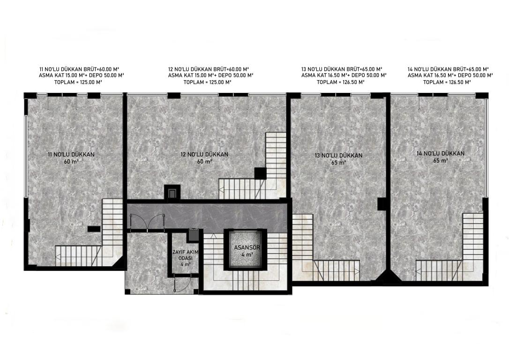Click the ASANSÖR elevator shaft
click(245, 249)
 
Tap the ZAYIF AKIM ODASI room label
click(185, 255)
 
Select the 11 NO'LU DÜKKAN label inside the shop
click(71, 155)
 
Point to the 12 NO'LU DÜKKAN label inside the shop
click(204, 155)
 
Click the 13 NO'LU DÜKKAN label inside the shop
click(338, 156)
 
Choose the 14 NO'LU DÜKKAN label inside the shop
click(441, 154)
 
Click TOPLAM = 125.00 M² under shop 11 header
click(78, 82)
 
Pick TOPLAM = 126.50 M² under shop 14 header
click(447, 82)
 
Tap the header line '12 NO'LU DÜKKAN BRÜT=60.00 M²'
click(209, 69)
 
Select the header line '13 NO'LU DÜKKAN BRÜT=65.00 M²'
click(342, 69)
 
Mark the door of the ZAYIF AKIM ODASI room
click(182, 283)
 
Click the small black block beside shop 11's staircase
click(94, 229)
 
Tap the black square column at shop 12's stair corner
click(260, 173)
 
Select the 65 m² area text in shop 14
click(441, 161)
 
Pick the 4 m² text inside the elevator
click(247, 255)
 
